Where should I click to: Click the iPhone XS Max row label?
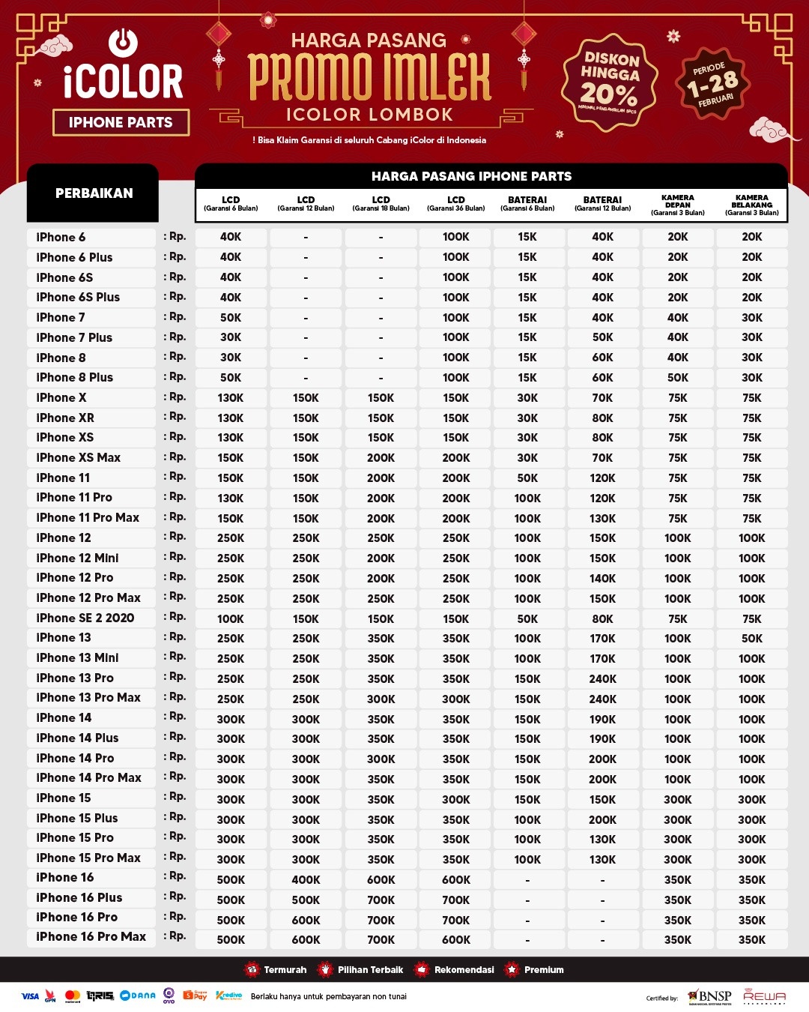[79, 457]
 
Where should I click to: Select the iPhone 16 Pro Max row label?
[91, 937]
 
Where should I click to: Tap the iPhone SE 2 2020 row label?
[85, 618]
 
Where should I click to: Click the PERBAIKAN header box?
[94, 193]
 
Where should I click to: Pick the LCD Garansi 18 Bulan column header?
[381, 203]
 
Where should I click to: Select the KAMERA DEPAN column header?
[677, 205]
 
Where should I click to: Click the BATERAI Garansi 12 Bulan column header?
[602, 203]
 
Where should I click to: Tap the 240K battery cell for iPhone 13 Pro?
[602, 678]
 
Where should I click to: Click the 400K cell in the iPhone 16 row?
[306, 879]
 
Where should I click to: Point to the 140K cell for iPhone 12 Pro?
[602, 578]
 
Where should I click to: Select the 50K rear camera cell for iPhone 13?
[751, 639]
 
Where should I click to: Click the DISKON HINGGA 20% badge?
[610, 81]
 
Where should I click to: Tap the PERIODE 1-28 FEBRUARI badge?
[712, 83]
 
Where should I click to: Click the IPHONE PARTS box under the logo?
[121, 122]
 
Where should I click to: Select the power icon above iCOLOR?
[123, 42]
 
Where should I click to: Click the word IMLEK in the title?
[437, 76]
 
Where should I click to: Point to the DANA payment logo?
[138, 996]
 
